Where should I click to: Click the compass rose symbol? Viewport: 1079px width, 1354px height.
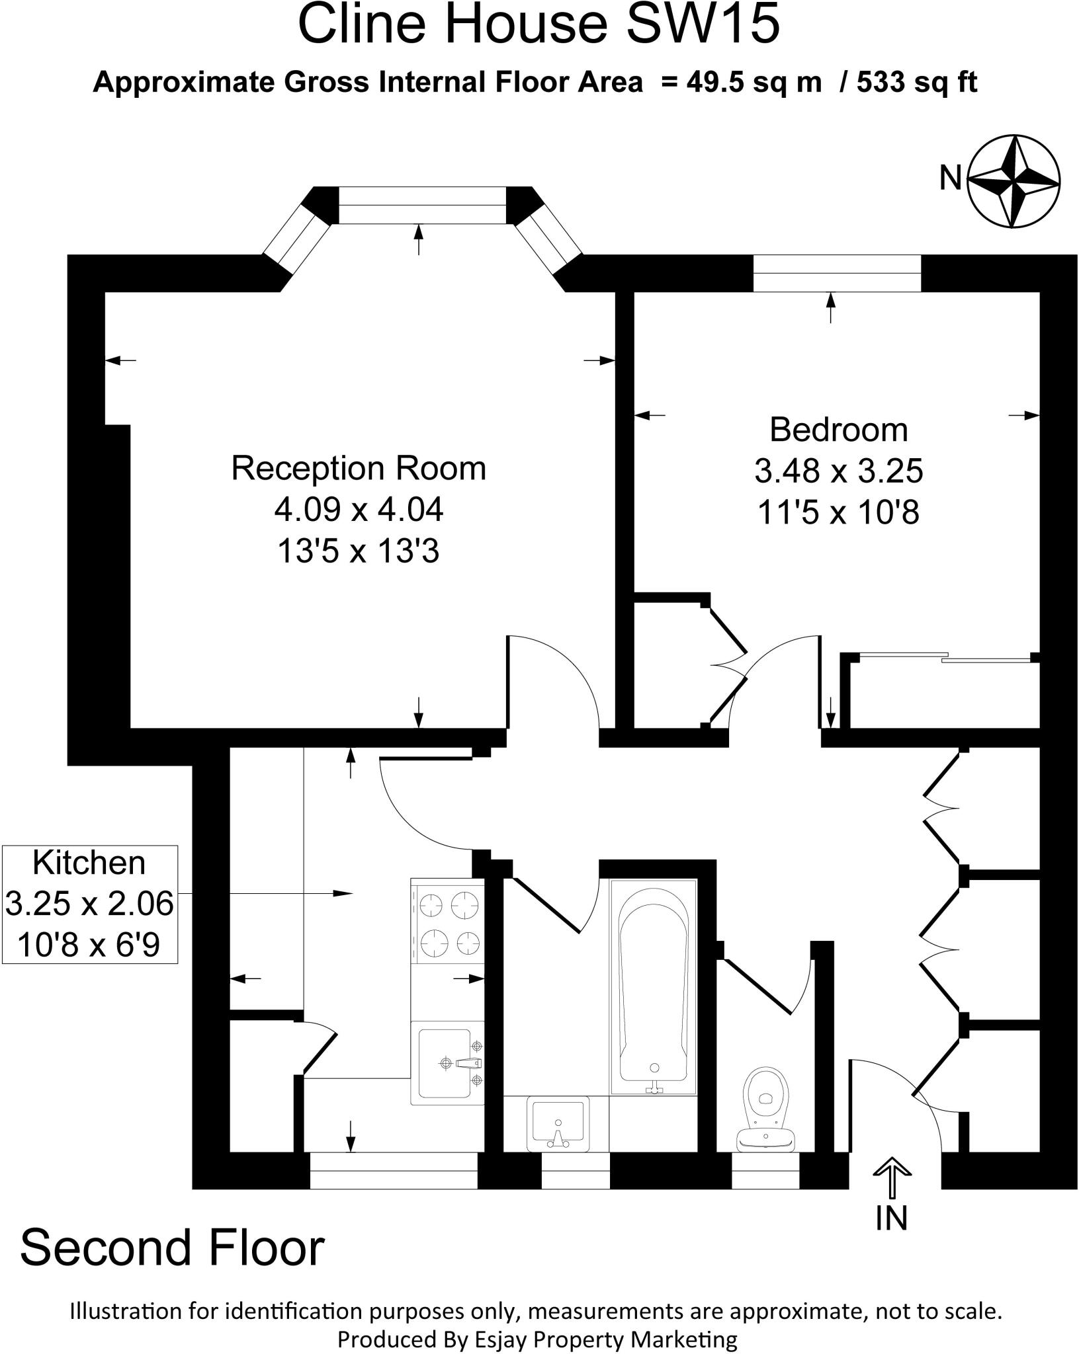[1014, 181]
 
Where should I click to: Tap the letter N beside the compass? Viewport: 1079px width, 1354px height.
[951, 177]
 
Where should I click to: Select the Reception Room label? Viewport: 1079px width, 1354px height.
[358, 469]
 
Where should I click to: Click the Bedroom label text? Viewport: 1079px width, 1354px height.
[838, 430]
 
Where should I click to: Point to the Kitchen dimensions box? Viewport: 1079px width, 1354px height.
[89, 904]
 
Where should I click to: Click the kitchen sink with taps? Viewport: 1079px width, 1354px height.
[447, 1062]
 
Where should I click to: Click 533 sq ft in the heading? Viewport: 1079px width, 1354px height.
[917, 83]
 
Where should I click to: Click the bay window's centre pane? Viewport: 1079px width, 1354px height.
[422, 205]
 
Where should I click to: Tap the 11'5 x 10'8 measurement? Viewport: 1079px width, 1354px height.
[838, 512]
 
